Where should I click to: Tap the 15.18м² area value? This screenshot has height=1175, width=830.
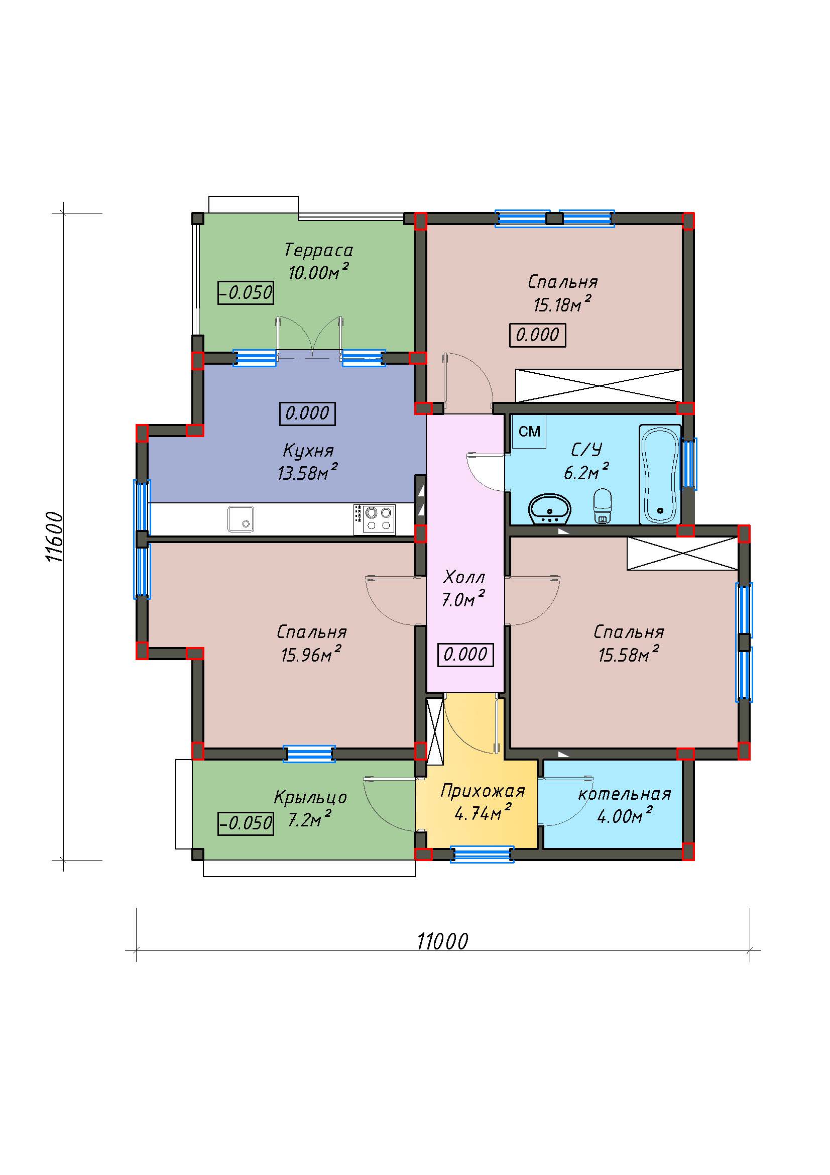click(x=562, y=304)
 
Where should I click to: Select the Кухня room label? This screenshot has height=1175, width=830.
click(x=308, y=451)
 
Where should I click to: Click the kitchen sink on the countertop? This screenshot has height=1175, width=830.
click(x=241, y=519)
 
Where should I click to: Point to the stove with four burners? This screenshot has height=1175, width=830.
click(x=375, y=520)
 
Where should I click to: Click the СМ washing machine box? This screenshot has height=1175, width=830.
click(x=529, y=432)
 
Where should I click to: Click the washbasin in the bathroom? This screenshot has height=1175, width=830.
click(x=549, y=508)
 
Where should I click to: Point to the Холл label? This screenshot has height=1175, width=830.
click(x=464, y=577)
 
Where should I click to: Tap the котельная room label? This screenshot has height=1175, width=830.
click(x=625, y=794)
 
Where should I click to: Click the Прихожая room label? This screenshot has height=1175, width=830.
click(x=482, y=791)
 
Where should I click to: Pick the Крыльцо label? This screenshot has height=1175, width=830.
click(x=310, y=797)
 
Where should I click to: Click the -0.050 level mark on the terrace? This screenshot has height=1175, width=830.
click(x=246, y=293)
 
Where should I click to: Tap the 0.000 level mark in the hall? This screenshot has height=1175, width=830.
click(x=465, y=655)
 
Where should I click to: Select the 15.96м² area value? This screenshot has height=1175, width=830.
click(x=311, y=655)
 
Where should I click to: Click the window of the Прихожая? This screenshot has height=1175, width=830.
click(x=482, y=854)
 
